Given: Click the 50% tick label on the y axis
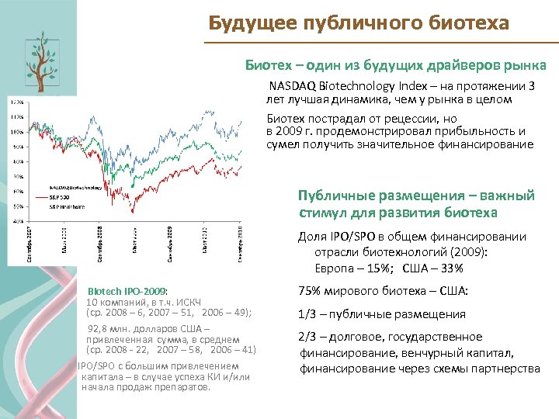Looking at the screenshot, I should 16,206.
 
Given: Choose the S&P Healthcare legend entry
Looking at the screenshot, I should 67,207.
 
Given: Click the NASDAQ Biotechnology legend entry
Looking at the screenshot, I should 75,187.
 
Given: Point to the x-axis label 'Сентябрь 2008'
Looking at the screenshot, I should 100,242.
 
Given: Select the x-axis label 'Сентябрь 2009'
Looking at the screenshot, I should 170,242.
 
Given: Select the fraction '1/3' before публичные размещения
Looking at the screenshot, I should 307,314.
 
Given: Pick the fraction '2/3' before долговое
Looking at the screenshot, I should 307,337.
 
